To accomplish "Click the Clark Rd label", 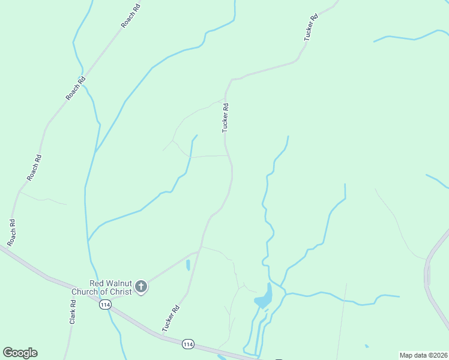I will click(73, 313).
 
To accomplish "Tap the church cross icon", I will click(141, 287).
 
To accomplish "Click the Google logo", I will click(20, 353).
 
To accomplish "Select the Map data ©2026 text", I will click(423, 355).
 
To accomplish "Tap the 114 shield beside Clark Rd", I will click(106, 305).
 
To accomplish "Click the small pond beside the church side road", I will click(188, 265).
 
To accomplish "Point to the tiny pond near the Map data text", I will click(367, 346).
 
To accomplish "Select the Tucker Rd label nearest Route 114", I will click(171, 319).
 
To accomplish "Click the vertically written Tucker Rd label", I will click(226, 117).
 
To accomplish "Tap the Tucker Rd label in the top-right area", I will click(310, 27).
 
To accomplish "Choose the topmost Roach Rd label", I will click(130, 16).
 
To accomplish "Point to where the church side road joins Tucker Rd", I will click(198, 253).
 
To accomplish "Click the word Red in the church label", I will click(97, 283).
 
